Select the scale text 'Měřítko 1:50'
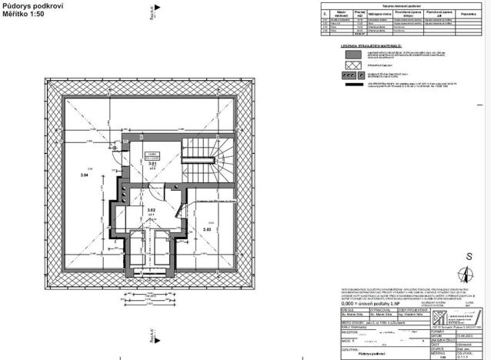click(24, 14)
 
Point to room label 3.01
click(152, 164)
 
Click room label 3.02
click(152, 210)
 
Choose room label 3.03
click(207, 228)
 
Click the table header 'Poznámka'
click(469, 14)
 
